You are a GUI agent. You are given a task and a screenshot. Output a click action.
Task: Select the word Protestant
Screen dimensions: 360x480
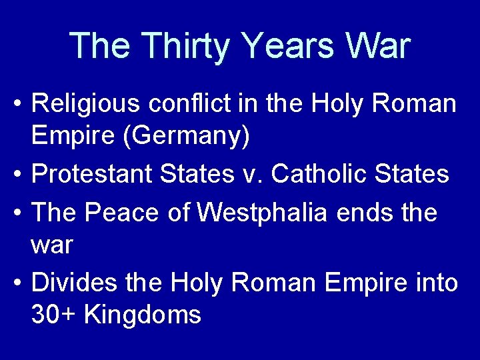coord(91,174)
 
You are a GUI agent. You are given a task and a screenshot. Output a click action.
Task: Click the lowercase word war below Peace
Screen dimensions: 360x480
coord(52,245)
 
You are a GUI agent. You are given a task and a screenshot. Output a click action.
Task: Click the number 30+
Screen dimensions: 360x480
coord(54,315)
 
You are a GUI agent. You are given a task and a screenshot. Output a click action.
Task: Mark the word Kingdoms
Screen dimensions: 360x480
coord(143,315)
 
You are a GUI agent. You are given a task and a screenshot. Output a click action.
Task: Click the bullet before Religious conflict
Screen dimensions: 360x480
coord(18,105)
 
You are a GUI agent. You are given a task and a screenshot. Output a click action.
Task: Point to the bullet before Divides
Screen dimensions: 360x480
coord(18,284)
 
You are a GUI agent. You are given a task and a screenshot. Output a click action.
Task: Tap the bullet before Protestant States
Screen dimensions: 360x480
coord(18,175)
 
